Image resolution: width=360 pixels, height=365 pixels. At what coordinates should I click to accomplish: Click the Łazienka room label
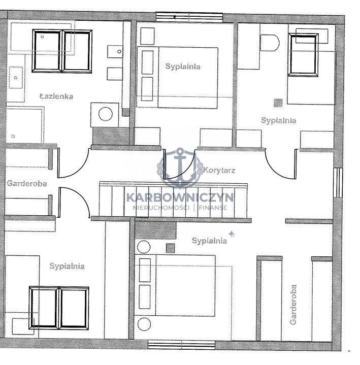pyautogui.click(x=56, y=96)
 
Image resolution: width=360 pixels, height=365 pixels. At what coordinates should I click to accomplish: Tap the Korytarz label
pyautogui.click(x=219, y=170)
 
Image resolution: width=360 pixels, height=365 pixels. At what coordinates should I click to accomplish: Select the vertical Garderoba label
pyautogui.click(x=293, y=304)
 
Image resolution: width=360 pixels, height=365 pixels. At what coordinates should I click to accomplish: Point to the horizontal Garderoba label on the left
pyautogui.click(x=27, y=183)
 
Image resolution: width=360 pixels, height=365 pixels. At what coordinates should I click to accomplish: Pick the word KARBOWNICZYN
pyautogui.click(x=180, y=197)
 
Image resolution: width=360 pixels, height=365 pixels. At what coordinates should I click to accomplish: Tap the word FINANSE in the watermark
pyautogui.click(x=213, y=208)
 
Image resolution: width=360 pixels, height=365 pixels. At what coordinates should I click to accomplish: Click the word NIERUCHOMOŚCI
pyautogui.click(x=160, y=208)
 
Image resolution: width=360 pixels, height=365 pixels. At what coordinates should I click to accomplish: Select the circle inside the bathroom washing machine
pyautogui.click(x=106, y=114)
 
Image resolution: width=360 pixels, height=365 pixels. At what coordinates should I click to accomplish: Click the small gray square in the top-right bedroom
pyautogui.click(x=278, y=103)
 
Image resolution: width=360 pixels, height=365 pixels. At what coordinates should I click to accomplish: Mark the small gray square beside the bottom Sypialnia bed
pyautogui.click(x=170, y=248)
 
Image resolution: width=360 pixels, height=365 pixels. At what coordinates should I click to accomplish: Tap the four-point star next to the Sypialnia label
pyautogui.click(x=231, y=234)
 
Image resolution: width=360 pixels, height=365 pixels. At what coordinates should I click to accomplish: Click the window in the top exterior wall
pyautogui.click(x=189, y=17)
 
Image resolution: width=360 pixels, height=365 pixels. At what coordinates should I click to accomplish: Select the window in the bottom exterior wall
pyautogui.click(x=182, y=345)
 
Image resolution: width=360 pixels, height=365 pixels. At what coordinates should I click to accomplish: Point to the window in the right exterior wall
pyautogui.click(x=338, y=182)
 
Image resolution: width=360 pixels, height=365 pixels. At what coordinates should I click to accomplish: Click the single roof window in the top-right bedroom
pyautogui.click(x=303, y=55)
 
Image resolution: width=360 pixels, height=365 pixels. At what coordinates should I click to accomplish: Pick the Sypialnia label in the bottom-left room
pyautogui.click(x=67, y=266)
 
